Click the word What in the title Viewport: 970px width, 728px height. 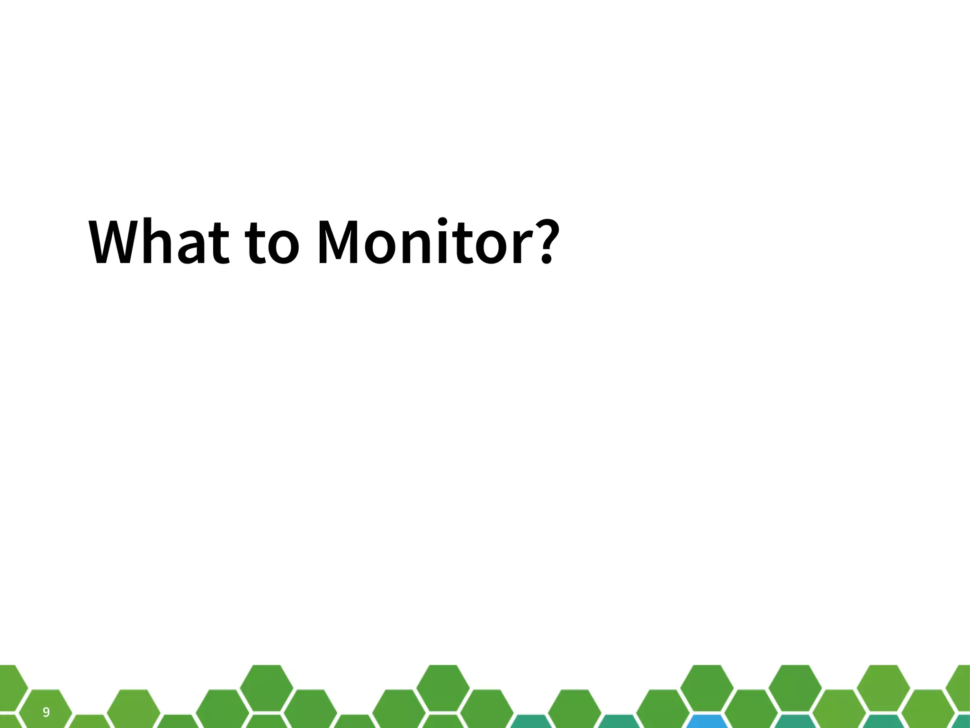[x=159, y=242]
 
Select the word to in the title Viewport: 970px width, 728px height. [x=273, y=243]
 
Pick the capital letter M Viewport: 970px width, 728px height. [x=341, y=242]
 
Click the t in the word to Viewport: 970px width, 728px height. [x=256, y=244]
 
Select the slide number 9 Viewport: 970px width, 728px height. [x=46, y=712]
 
